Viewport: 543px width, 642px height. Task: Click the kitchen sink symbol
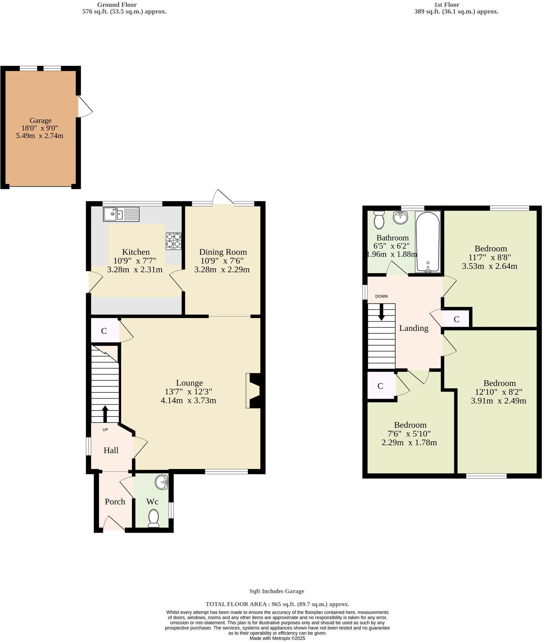pyautogui.click(x=121, y=214)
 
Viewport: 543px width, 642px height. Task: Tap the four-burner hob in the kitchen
pyautogui.click(x=174, y=241)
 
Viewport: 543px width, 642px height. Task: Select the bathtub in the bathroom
pyautogui.click(x=428, y=242)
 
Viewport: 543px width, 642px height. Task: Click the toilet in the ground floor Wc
pyautogui.click(x=153, y=518)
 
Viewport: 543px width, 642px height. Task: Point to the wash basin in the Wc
pyautogui.click(x=162, y=482)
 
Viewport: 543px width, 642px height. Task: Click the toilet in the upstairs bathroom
pyautogui.click(x=379, y=219)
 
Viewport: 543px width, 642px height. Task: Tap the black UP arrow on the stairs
pyautogui.click(x=105, y=414)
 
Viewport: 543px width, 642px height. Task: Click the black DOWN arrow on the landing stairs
pyautogui.click(x=381, y=312)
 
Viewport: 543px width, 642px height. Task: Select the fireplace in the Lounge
pyautogui.click(x=254, y=390)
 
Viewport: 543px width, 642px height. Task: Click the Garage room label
pyautogui.click(x=40, y=120)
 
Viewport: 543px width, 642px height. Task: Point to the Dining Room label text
pyautogui.click(x=223, y=252)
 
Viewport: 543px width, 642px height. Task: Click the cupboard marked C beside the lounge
pyautogui.click(x=104, y=331)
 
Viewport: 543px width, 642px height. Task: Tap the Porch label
pyautogui.click(x=115, y=501)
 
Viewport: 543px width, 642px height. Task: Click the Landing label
pyautogui.click(x=413, y=328)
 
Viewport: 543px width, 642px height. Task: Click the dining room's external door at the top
pyautogui.click(x=223, y=198)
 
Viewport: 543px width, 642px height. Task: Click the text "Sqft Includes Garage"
pyautogui.click(x=277, y=591)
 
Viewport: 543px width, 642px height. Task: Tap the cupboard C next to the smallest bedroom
pyautogui.click(x=380, y=386)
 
